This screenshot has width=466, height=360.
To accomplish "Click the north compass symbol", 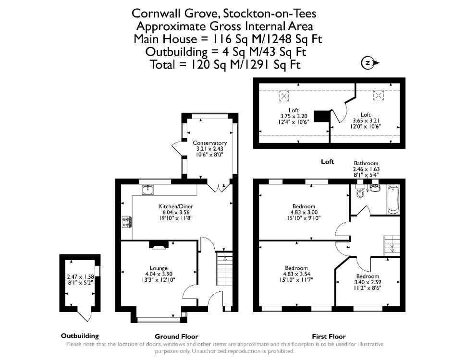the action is tap(370, 63).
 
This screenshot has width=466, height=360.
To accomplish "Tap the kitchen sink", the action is tap(147, 190).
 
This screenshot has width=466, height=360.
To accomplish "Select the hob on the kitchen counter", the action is tap(127, 222).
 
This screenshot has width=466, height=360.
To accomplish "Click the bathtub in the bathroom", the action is tap(393, 200).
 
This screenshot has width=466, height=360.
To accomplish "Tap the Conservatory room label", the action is tap(209, 143).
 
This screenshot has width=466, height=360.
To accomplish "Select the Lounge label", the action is tap(159, 268).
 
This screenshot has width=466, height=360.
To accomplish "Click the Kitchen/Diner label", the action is tap(176, 206).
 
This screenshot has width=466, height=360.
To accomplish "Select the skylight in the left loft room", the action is tap(284, 96).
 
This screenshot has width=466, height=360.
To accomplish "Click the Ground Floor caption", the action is tap(176, 336).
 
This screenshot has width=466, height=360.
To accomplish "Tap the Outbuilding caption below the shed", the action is tap(80, 336).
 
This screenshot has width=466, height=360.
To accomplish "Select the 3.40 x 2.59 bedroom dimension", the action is tap(368, 282).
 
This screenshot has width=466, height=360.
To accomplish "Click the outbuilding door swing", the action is tap(84, 315).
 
